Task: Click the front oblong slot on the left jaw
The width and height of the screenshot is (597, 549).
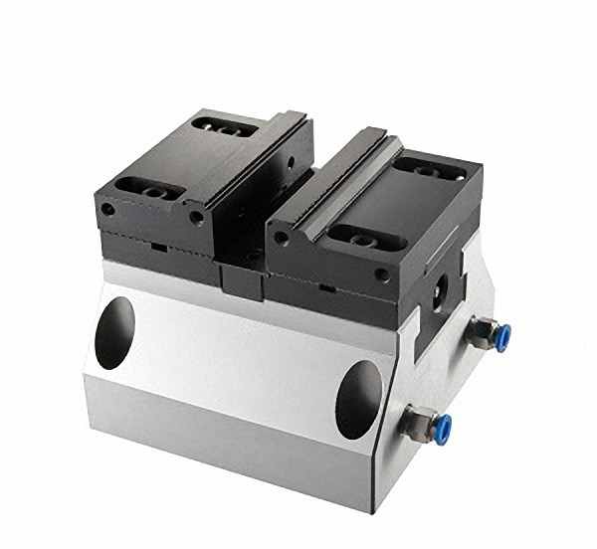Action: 138,186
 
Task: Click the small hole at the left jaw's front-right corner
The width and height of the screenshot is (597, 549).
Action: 196,216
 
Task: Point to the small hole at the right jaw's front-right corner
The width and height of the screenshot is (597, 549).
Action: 380,273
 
